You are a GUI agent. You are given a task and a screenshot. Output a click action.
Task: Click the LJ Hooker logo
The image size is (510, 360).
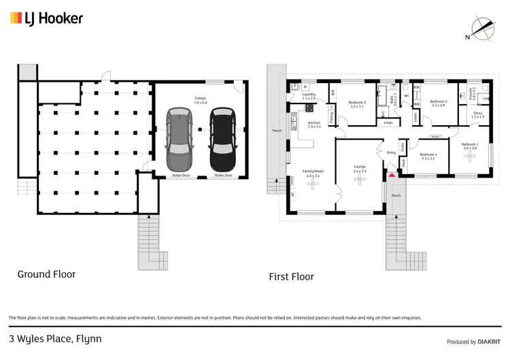[46, 18]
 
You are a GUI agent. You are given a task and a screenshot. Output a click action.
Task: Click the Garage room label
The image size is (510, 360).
[201, 101]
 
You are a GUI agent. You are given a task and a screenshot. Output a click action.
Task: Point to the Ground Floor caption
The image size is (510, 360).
[46, 274]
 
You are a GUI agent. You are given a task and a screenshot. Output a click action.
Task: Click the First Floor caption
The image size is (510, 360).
[291, 276]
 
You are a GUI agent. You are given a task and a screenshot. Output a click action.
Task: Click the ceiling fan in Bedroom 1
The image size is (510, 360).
[470, 156]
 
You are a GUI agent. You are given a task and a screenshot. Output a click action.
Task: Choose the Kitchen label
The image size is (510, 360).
[313, 124]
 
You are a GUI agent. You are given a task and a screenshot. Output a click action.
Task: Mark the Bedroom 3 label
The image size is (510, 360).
[357, 103]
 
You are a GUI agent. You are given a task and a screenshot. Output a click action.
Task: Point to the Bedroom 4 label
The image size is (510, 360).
[428, 155]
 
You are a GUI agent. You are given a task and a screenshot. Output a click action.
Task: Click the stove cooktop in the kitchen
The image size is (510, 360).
[309, 108]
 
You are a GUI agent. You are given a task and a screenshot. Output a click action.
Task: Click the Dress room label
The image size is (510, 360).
[478, 114]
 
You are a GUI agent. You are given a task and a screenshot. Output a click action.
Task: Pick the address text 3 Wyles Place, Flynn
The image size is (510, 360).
[55, 338]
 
